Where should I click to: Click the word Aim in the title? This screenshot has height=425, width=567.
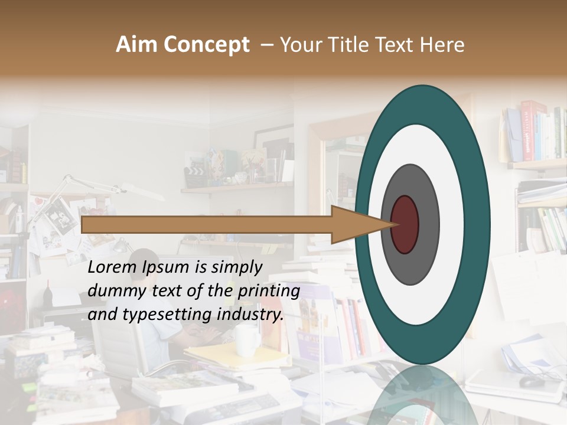(x=136, y=45)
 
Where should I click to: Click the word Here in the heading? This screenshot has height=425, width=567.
(x=442, y=45)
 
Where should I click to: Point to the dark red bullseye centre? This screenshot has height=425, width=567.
(x=405, y=224)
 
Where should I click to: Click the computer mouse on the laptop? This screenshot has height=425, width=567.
(x=531, y=381)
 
